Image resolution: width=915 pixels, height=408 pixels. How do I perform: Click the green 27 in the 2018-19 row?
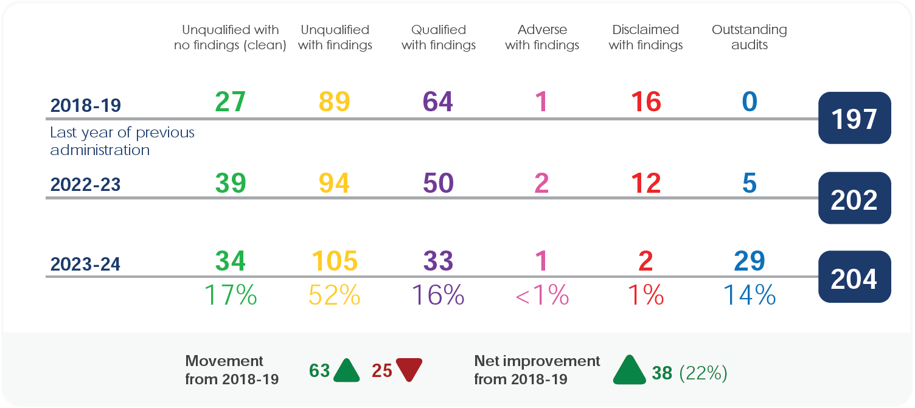[230, 102]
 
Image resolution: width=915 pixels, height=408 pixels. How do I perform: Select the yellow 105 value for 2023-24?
[334, 261]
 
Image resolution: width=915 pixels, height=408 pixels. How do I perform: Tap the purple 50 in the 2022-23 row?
[438, 183]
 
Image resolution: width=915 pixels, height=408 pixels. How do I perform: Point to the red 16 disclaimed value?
[645, 102]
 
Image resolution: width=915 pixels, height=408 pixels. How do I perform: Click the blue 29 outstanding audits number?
[749, 261]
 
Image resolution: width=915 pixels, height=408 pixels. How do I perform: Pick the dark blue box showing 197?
[854, 119]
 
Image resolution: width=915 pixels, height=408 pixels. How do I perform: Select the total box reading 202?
[854, 199]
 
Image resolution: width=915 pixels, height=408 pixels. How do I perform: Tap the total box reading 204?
[854, 278]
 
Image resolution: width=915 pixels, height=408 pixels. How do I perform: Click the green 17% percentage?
[230, 295]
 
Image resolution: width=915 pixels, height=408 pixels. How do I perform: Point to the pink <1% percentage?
[541, 296]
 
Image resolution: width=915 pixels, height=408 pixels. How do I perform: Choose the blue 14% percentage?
[749, 295]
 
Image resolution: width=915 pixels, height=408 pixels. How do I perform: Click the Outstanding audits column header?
[749, 37]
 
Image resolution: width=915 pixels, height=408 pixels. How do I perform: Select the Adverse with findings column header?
[541, 37]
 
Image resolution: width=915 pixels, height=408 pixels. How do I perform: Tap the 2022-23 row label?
[85, 185]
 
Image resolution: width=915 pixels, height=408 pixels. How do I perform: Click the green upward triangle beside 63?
[347, 370]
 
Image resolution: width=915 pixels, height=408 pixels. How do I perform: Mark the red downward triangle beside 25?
[409, 370]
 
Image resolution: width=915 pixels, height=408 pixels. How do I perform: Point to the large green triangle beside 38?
[629, 370]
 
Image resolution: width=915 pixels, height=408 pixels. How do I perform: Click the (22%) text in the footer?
[703, 373]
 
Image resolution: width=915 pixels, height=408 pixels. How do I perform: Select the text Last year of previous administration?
[122, 141]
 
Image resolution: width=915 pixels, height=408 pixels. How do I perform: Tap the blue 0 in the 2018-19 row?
[749, 102]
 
